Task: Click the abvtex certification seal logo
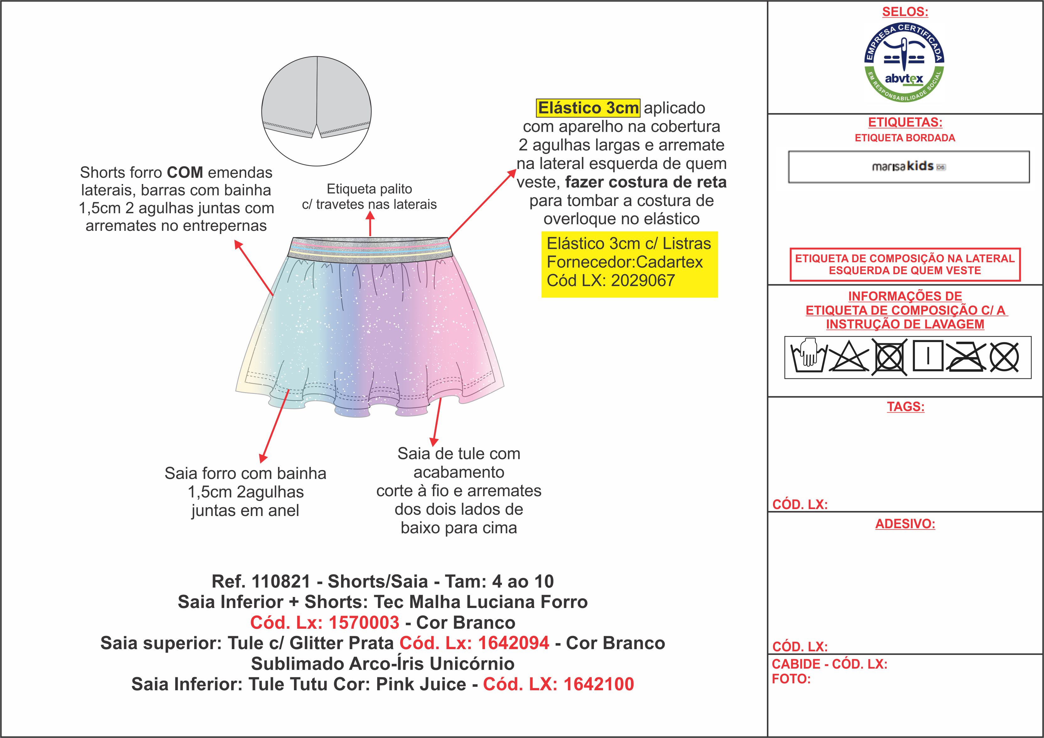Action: coord(904,63)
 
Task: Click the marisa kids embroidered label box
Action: coord(909,167)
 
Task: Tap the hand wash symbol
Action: coord(808,357)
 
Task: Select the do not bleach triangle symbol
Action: coord(848,357)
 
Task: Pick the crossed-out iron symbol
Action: coord(966,357)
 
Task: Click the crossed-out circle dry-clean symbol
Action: coord(1004,357)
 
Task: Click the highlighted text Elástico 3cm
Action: coord(588,108)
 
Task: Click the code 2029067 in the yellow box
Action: coord(643,280)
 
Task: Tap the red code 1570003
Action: coord(364,622)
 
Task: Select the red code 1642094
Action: coord(513,643)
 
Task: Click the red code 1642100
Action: coord(598,684)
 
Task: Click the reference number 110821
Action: coord(280,582)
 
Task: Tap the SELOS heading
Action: coord(905,12)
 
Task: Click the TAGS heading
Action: coord(905,406)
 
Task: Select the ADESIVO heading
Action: coord(905,524)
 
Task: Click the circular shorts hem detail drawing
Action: coord(317,111)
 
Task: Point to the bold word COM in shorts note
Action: coord(185,173)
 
